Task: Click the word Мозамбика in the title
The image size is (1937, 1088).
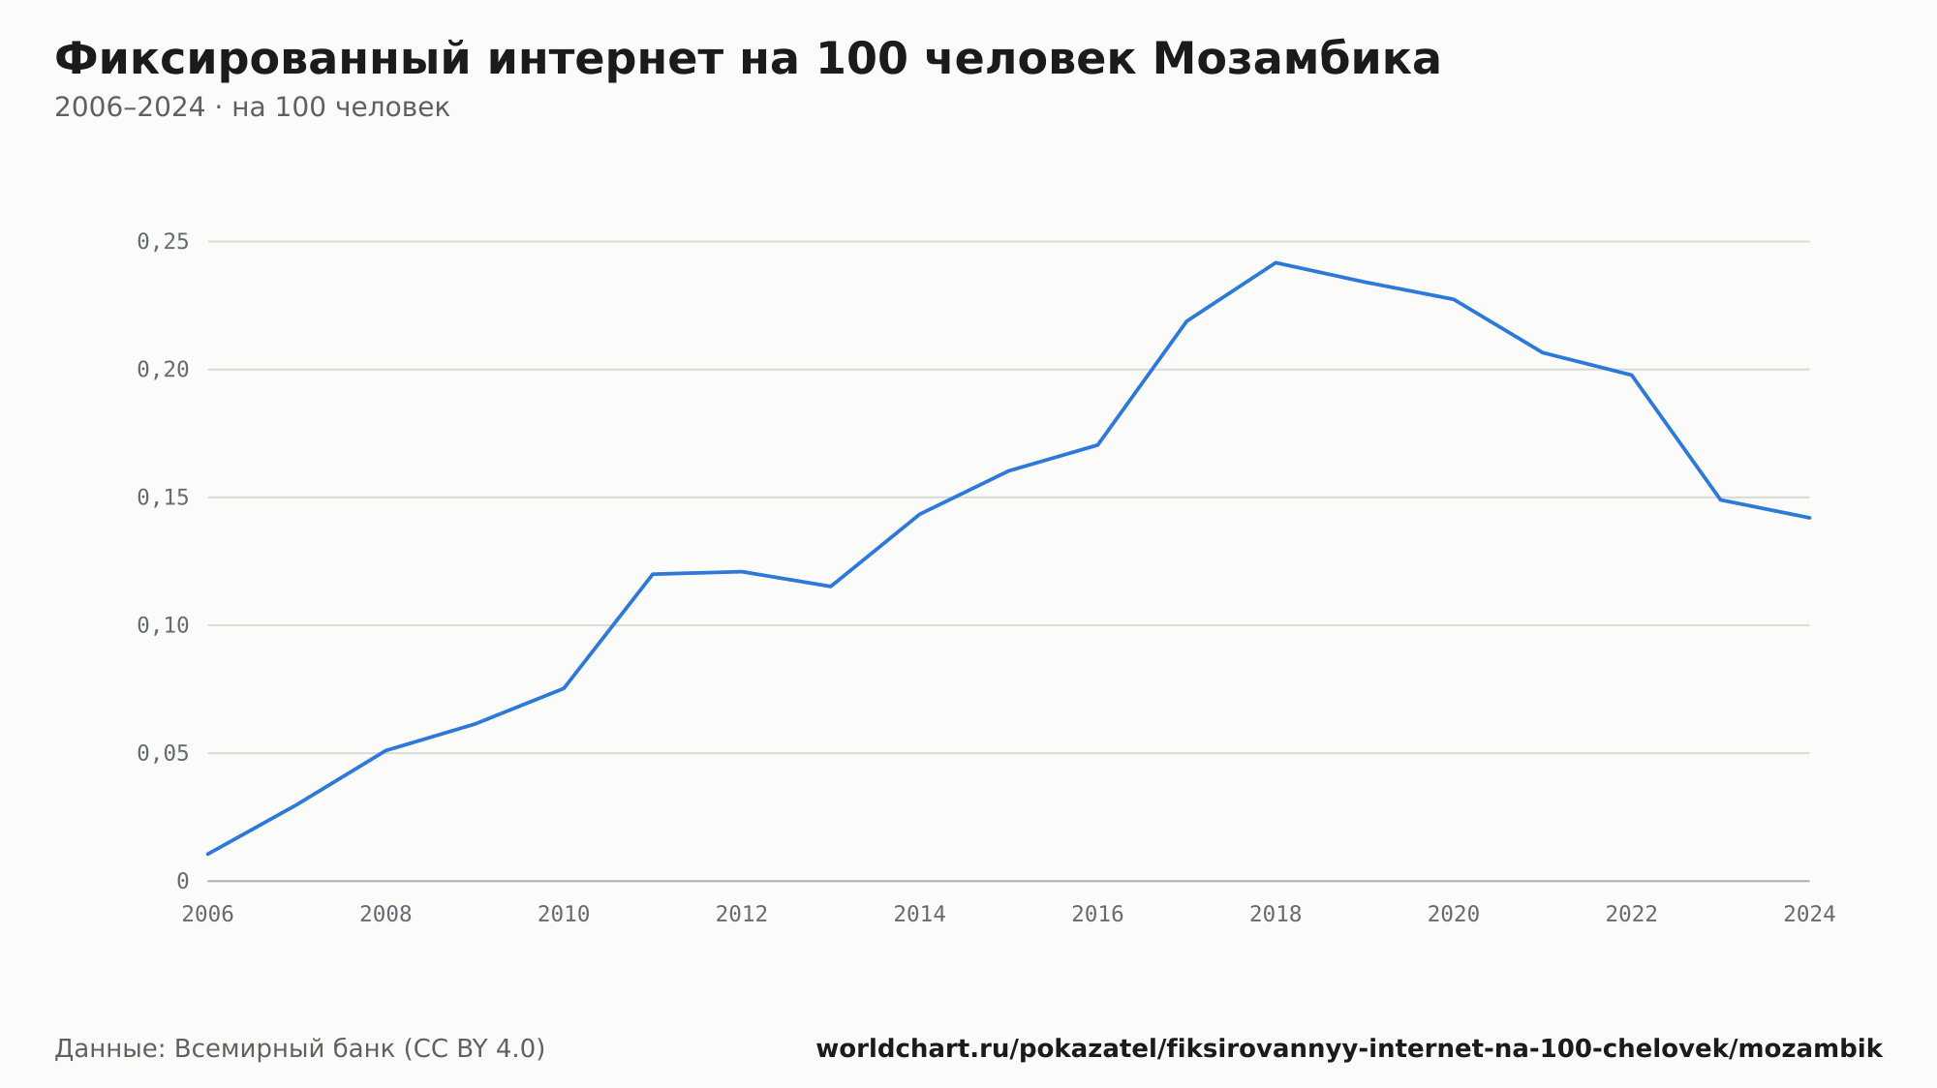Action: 1297,59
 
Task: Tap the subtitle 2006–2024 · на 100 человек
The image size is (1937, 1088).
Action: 252,107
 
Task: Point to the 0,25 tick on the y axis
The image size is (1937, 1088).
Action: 163,242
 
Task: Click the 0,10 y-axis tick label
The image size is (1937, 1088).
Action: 163,626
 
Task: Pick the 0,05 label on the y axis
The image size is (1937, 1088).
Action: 163,754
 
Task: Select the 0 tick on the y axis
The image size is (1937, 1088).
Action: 183,882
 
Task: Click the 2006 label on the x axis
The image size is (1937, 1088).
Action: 208,915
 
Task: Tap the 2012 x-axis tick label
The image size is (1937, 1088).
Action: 742,915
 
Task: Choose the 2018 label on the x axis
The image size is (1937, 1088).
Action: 1276,915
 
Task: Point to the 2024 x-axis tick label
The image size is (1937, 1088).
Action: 1809,915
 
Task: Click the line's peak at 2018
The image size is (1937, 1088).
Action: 1276,262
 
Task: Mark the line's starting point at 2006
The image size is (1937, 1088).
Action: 208,854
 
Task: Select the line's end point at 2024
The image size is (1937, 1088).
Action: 1809,518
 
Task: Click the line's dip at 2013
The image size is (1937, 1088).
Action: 831,587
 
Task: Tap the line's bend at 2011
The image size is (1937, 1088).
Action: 653,574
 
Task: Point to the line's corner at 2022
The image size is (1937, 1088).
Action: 1632,375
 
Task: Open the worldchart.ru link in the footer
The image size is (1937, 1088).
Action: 1349,1049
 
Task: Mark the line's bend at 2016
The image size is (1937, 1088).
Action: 1097,444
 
